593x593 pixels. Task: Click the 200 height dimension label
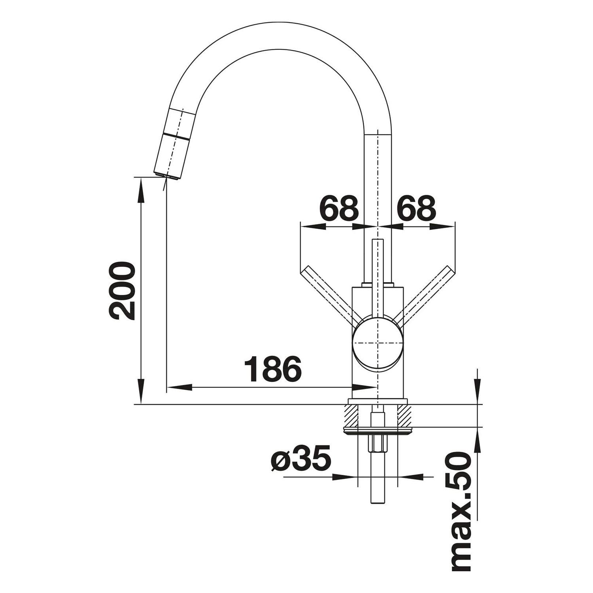pos(122,291)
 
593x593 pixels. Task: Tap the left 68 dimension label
pos(338,208)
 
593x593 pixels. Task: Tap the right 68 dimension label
pos(416,208)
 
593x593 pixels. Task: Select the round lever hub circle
pos(378,342)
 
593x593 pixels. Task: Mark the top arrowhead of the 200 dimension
pos(141,190)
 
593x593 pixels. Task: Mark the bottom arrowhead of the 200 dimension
pos(141,391)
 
